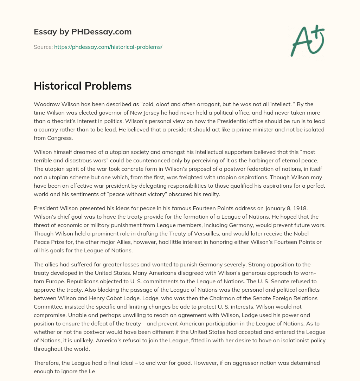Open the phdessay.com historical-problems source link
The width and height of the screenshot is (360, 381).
coord(108,47)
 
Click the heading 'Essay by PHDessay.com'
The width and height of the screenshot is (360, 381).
coord(83,32)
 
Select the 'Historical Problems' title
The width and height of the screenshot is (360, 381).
coord(83,86)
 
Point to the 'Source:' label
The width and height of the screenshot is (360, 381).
coord(43,47)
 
